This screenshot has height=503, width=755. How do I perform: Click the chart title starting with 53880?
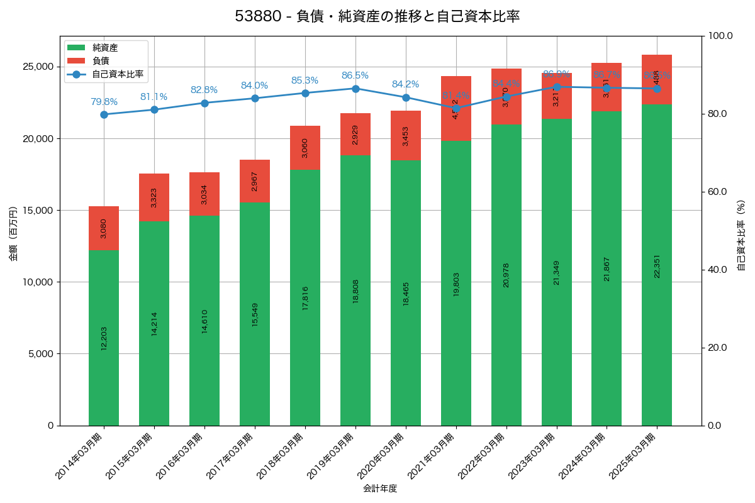click(377, 16)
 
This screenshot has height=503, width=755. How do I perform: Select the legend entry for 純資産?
click(104, 48)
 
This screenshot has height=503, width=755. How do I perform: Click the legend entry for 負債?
click(101, 61)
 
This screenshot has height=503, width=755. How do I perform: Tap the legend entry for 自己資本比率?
click(117, 74)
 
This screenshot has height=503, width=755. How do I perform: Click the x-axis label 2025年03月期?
click(633, 456)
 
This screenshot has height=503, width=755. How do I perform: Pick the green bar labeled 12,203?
click(104, 338)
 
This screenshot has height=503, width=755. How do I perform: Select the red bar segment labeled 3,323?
click(154, 197)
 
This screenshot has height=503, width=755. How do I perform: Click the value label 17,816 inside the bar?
click(305, 298)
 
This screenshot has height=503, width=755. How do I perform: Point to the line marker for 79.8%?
click(104, 114)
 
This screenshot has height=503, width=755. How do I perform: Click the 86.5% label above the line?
click(355, 75)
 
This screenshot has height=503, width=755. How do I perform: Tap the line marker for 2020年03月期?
click(406, 97)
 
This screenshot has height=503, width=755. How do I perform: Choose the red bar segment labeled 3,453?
click(406, 136)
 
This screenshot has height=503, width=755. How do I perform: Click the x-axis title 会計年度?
click(380, 489)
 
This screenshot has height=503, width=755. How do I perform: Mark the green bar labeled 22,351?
click(657, 265)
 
